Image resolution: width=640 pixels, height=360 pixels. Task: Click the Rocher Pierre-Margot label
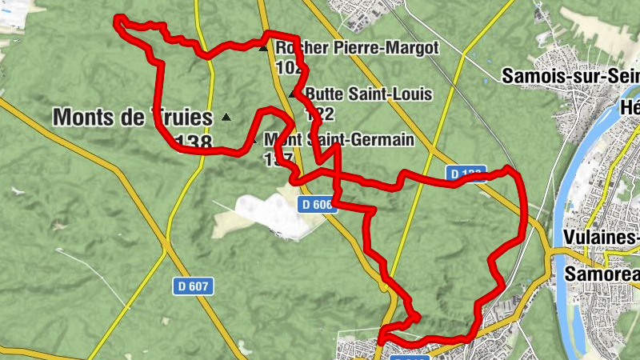tap(357, 48)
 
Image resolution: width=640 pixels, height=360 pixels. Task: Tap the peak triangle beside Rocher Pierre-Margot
tap(262, 49)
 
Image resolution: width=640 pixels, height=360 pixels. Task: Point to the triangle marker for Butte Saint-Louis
tap(293, 94)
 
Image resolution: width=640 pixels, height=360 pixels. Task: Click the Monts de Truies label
tap(133, 117)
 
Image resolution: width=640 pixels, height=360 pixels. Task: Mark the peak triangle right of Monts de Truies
tap(226, 118)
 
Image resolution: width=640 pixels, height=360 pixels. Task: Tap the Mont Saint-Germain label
tap(339, 140)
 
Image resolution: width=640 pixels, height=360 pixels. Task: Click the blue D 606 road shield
tap(316, 205)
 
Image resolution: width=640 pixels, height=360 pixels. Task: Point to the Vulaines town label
tap(601, 238)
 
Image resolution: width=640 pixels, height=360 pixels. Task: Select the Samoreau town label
tap(602, 274)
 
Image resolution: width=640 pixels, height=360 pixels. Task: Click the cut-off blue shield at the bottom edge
tap(409, 357)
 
